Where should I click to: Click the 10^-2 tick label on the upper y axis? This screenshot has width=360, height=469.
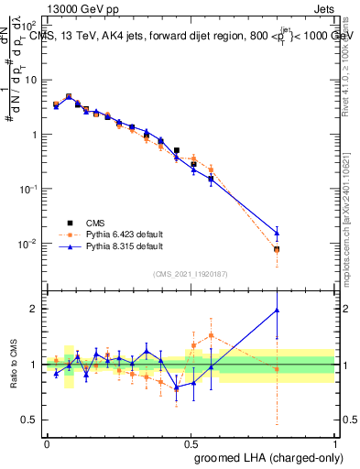click(29, 244)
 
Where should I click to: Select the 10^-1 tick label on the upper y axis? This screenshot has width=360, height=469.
click(29, 189)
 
